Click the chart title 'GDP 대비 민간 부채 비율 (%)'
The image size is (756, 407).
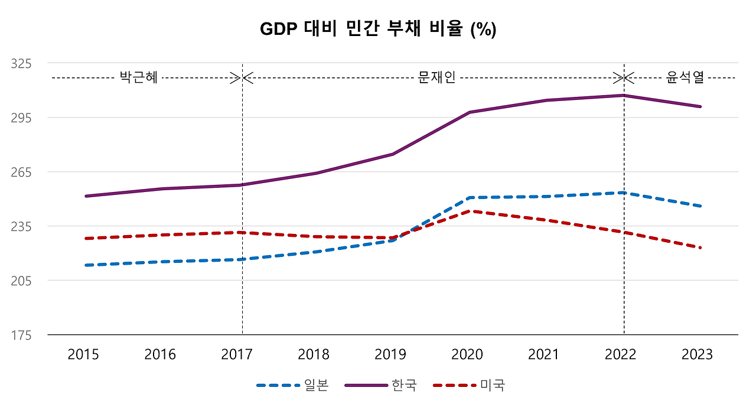click(x=378, y=30)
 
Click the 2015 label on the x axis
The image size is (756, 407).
click(x=83, y=354)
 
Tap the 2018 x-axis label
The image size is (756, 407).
click(x=314, y=354)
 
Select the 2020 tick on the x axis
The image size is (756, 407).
click(x=467, y=354)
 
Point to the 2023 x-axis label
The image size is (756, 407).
click(x=698, y=354)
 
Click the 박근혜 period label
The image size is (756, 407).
click(x=139, y=77)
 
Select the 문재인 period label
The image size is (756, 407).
click(x=436, y=77)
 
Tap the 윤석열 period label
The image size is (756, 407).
click(x=685, y=77)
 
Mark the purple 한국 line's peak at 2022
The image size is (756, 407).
click(x=624, y=95)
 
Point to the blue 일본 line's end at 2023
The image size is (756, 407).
click(x=700, y=206)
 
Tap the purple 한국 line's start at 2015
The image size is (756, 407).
click(x=86, y=196)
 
